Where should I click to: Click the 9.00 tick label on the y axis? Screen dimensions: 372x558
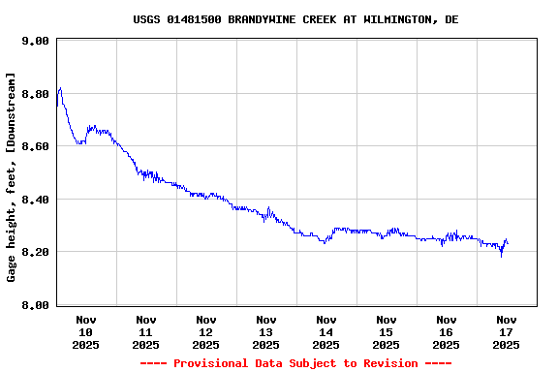point(35,42)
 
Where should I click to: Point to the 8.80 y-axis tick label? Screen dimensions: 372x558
point(35,94)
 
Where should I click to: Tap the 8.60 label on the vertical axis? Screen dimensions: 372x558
point(35,146)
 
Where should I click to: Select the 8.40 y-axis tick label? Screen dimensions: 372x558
point(35,200)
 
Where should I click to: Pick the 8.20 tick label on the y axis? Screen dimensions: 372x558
point(35,252)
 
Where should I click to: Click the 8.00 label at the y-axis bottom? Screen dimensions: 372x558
point(35,305)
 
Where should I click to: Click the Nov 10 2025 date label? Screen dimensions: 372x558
point(85,331)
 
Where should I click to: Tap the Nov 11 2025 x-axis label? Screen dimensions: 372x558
point(145,331)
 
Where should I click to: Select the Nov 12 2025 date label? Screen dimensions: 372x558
point(205,331)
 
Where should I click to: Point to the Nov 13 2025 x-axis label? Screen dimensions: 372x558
point(265,331)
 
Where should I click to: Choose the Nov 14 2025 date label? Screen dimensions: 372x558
point(325,331)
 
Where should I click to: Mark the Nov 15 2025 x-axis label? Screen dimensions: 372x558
point(386,331)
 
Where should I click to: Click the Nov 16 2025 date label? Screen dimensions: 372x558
point(446,331)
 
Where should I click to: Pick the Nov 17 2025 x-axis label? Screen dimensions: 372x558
point(506,331)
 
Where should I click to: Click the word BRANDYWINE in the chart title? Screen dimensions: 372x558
point(248,19)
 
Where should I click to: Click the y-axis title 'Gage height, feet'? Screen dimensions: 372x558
point(12,218)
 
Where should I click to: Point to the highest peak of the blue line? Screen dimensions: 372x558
point(60,88)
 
